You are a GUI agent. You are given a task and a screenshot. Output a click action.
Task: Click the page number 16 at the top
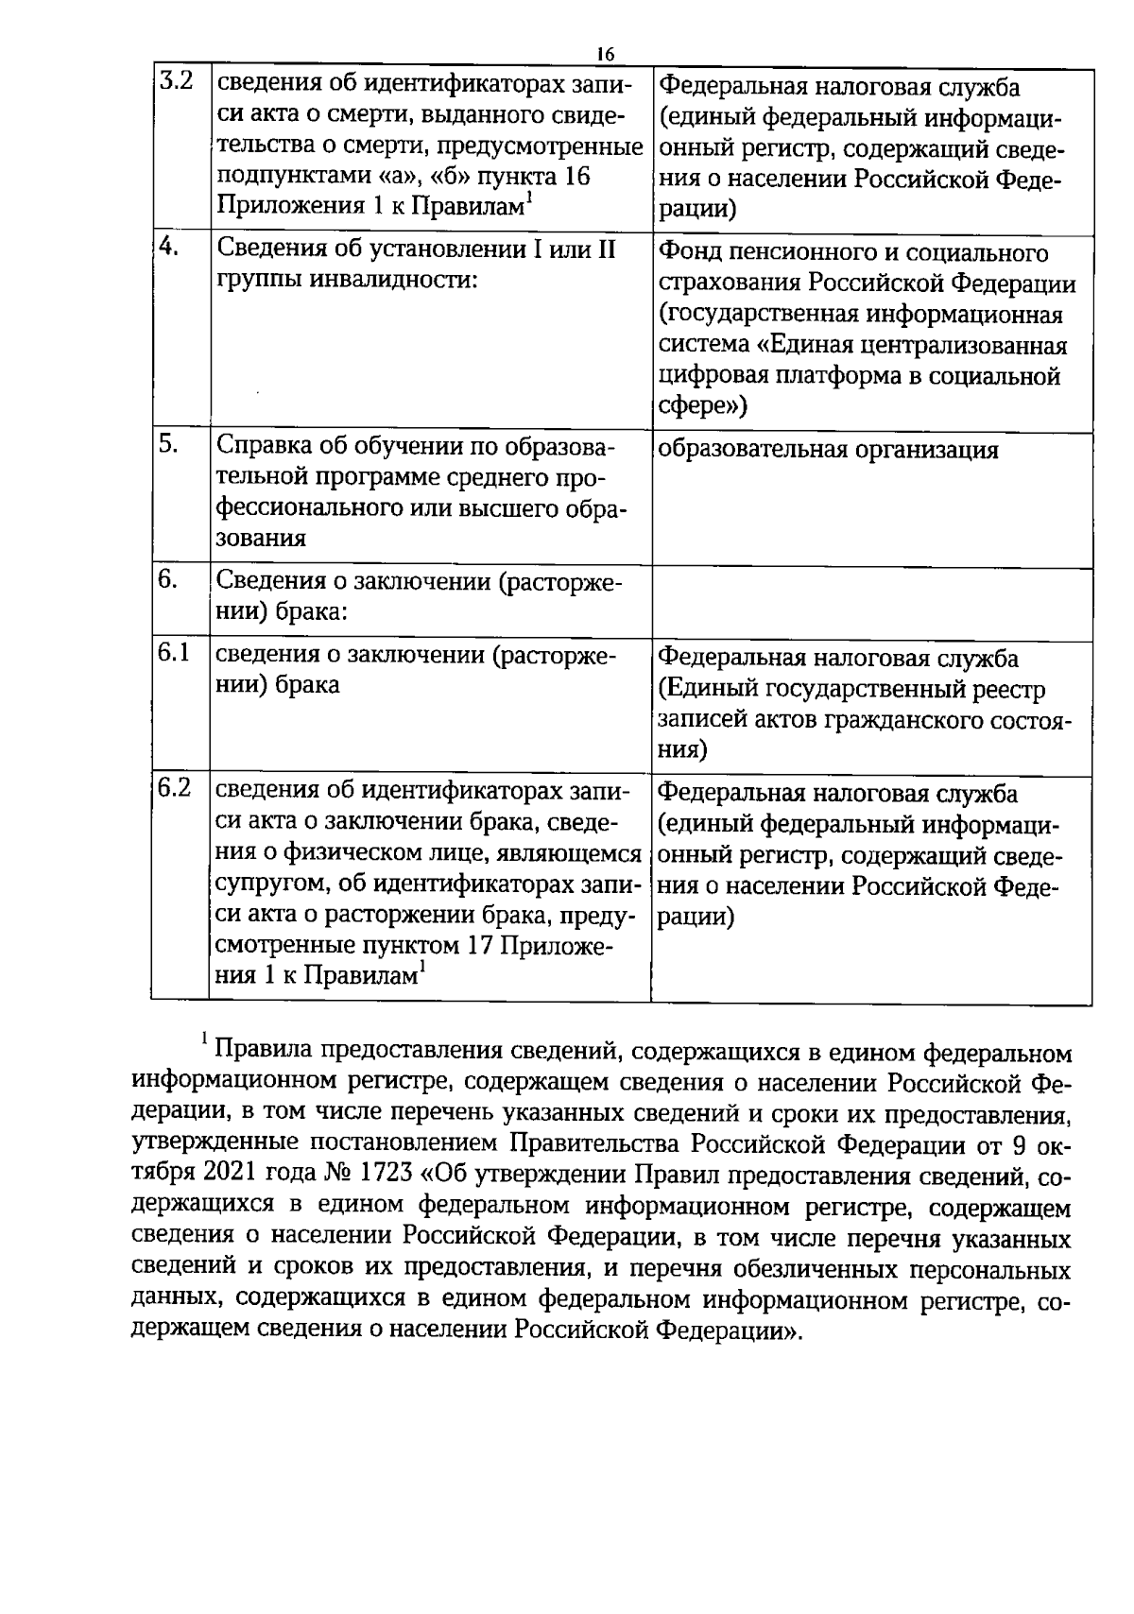[x=605, y=53]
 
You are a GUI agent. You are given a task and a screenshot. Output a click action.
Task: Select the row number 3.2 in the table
[x=176, y=81]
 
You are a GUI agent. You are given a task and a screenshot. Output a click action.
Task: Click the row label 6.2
[x=175, y=787]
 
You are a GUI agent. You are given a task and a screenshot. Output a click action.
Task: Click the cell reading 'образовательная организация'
[x=828, y=450]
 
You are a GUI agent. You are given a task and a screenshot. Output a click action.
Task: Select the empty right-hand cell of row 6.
[x=871, y=604]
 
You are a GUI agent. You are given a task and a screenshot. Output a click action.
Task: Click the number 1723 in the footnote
[x=382, y=1174]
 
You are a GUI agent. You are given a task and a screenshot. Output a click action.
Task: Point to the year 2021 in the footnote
[x=226, y=1174]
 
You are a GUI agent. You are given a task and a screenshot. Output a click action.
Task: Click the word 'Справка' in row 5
[x=263, y=446]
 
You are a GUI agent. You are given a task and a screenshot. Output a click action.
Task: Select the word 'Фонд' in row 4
[x=687, y=253]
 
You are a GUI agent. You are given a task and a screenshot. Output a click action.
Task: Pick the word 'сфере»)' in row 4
[x=702, y=406]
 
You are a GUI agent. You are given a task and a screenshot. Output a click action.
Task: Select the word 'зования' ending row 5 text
[x=262, y=538]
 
